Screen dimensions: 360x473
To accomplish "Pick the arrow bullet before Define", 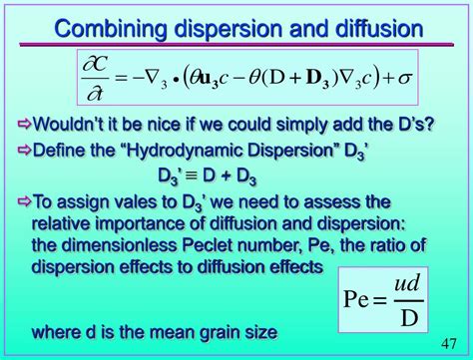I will click(x=24, y=151).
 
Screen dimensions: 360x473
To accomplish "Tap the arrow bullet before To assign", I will click(x=24, y=201).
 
